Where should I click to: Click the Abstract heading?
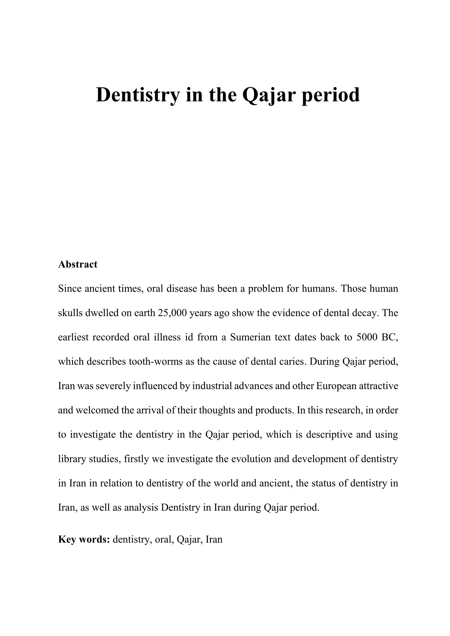coord(78,264)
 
